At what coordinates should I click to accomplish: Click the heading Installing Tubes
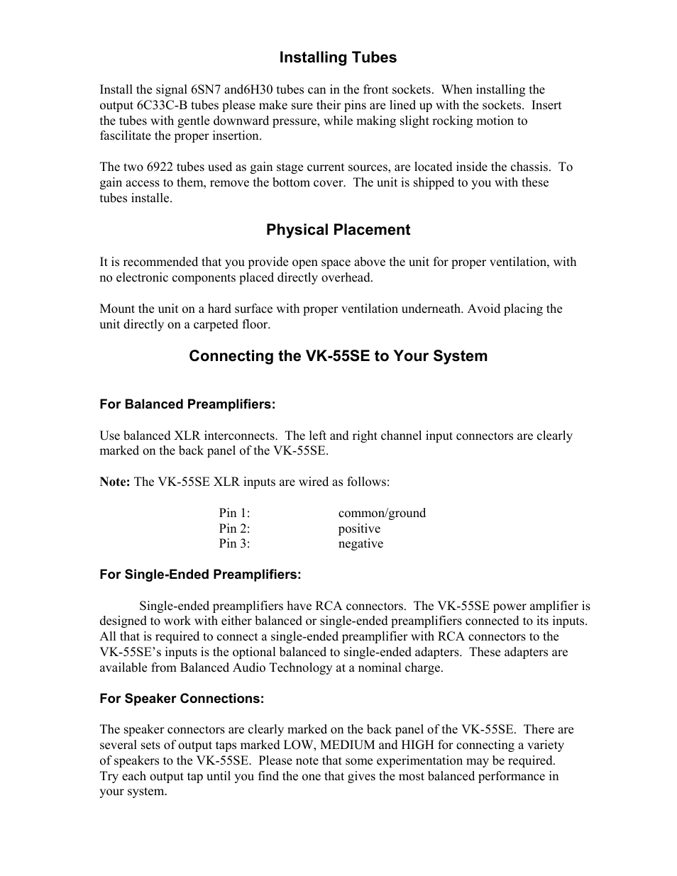click(338, 57)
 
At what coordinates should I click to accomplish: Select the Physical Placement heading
click(338, 230)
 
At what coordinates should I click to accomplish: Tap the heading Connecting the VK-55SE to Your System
click(338, 356)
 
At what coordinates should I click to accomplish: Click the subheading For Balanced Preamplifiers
click(187, 404)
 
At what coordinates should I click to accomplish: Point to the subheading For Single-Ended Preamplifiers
click(200, 575)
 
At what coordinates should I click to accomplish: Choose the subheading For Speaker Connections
click(182, 699)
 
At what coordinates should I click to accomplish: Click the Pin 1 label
click(234, 513)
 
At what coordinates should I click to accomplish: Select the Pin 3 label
click(234, 544)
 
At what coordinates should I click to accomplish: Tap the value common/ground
click(382, 513)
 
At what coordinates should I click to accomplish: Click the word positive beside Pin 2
click(359, 528)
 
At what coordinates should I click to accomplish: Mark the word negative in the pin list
click(360, 544)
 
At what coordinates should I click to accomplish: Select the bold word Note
click(114, 482)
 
